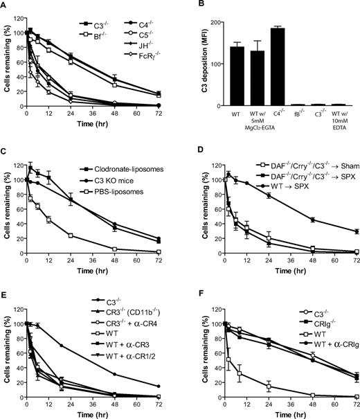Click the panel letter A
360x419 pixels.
6,6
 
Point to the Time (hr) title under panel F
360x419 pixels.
289,413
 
